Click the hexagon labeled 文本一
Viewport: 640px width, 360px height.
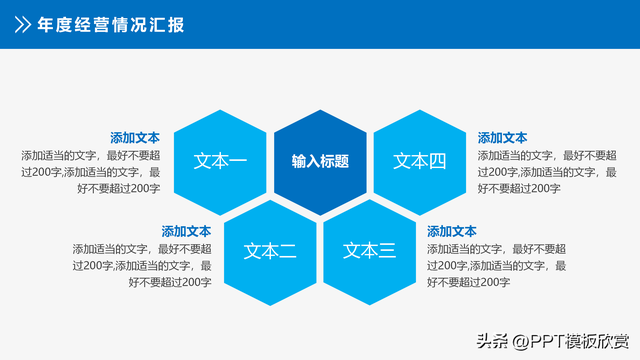point(220,161)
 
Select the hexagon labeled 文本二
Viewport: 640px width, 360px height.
point(270,250)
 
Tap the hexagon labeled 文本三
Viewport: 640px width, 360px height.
point(369,250)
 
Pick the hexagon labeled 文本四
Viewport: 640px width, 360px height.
point(419,161)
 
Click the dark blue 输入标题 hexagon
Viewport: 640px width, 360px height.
point(320,161)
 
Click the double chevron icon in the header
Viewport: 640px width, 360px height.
point(22,25)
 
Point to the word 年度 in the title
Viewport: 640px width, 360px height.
point(55,25)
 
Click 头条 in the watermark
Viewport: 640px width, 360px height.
point(489,340)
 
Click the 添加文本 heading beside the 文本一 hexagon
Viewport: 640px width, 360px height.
point(135,138)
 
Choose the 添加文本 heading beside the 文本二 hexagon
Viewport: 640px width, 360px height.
point(186,231)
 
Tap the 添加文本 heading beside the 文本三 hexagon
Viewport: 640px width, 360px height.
point(452,231)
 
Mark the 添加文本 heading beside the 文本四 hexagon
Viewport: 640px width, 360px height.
point(502,138)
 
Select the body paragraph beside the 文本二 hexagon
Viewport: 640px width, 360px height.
point(141,265)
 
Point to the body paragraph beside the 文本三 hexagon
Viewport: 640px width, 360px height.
point(497,265)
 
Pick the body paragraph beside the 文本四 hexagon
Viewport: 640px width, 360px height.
point(547,172)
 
